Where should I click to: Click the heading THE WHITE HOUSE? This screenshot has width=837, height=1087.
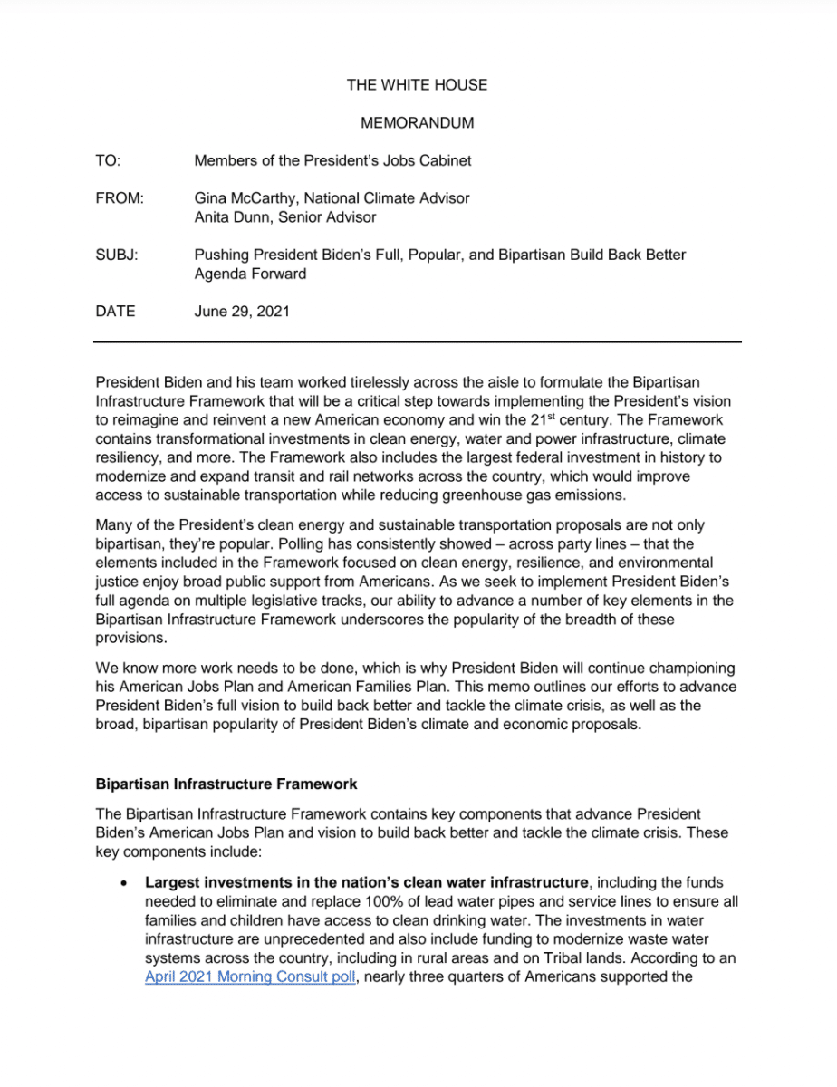click(x=417, y=85)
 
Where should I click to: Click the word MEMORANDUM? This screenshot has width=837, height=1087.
click(x=417, y=123)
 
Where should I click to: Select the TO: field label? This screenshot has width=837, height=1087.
click(x=108, y=161)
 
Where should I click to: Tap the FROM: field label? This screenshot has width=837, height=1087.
click(x=120, y=198)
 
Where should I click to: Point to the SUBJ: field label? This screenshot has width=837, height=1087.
click(x=117, y=255)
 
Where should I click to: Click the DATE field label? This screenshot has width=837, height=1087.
click(x=115, y=312)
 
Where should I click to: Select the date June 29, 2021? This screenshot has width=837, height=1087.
click(x=242, y=312)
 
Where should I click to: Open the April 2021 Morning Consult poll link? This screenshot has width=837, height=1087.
click(x=248, y=977)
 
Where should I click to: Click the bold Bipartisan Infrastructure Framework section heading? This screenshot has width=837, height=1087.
click(x=226, y=784)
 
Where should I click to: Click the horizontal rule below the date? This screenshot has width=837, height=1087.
click(x=418, y=342)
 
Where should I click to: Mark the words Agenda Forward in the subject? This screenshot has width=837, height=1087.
click(x=250, y=274)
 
